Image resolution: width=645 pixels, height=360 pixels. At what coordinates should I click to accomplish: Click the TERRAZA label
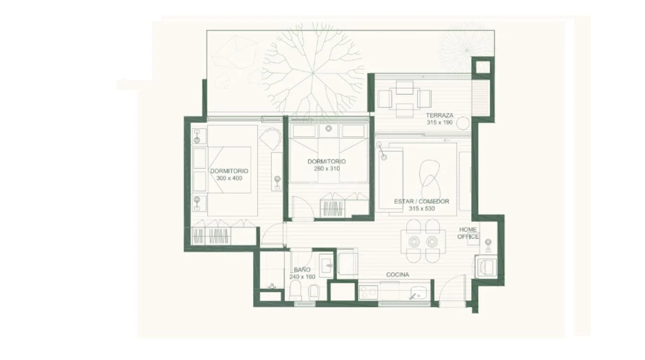point(440,115)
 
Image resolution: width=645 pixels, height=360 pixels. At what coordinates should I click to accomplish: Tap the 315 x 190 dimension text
point(440,122)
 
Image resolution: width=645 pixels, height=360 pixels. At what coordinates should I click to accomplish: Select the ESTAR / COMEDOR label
point(421,201)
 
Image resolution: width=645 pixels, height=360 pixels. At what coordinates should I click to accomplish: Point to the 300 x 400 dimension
point(229,178)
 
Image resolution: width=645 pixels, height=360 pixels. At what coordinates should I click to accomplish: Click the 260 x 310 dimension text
point(327,169)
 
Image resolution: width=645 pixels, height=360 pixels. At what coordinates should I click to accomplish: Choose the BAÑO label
point(302,270)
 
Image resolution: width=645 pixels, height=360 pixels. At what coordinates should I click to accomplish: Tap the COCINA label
point(398,275)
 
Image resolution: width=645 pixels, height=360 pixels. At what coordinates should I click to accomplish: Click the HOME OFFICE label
point(468,233)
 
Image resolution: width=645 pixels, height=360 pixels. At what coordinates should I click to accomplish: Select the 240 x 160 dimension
point(302,277)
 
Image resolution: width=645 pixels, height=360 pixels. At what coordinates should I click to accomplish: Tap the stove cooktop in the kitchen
point(369,292)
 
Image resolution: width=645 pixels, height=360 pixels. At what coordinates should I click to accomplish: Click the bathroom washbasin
point(326,266)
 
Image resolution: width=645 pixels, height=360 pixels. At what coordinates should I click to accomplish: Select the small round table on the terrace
point(463,123)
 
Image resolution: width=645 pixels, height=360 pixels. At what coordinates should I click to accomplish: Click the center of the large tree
point(313,73)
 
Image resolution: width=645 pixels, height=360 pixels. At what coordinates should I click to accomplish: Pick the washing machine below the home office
point(487,266)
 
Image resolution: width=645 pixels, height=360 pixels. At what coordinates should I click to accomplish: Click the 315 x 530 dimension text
point(422,208)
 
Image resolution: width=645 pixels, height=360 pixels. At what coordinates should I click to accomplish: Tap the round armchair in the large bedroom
point(270,137)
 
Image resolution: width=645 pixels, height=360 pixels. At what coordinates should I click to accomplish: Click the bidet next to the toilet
point(314,291)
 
